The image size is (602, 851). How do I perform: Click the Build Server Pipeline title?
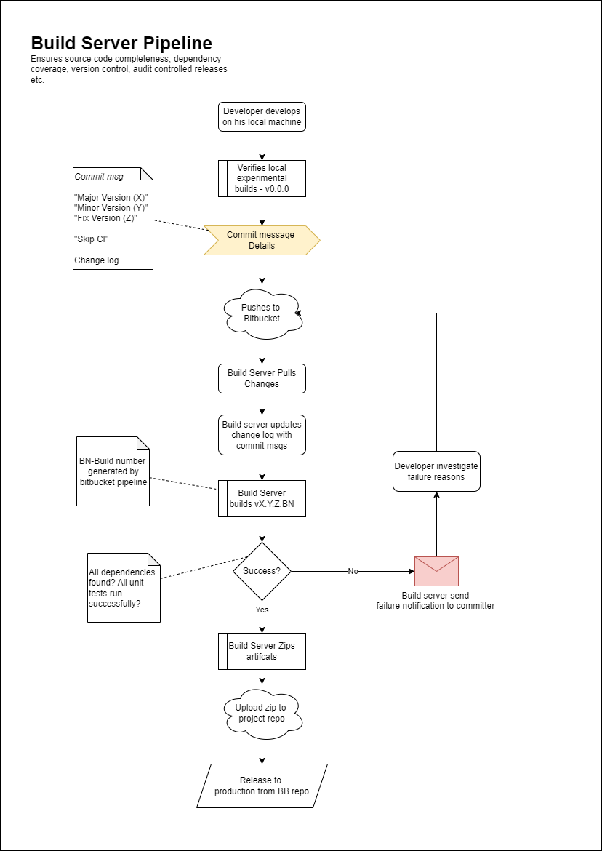[121, 43]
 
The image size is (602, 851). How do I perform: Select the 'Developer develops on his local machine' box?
[262, 117]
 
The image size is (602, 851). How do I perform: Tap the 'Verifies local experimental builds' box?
[262, 178]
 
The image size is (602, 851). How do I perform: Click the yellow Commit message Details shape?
[262, 240]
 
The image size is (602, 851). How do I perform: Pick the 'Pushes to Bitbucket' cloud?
[262, 313]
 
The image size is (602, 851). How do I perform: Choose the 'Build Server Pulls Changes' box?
[262, 378]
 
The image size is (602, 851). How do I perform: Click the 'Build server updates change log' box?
[262, 435]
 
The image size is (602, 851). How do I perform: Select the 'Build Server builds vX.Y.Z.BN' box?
[262, 498]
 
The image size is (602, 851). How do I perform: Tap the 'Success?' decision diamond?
[262, 571]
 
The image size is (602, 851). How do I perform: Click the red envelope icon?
[436, 571]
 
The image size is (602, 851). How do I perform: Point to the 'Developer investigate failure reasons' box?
[436, 471]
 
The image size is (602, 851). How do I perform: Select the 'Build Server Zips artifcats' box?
[262, 651]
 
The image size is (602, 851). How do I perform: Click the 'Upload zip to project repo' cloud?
[262, 713]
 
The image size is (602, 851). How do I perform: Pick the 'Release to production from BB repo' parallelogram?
[262, 786]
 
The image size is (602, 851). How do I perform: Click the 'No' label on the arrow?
[353, 571]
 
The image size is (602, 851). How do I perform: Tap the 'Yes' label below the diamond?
[262, 610]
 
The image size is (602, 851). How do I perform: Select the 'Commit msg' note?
[113, 218]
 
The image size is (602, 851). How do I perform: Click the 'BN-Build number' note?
[113, 471]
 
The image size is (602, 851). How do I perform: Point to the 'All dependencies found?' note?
[124, 587]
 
